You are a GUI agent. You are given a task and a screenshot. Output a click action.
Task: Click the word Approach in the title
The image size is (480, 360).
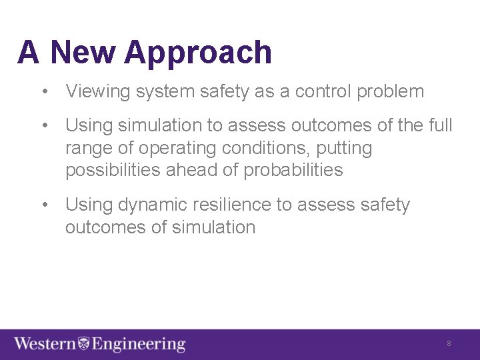pyautogui.click(x=198, y=53)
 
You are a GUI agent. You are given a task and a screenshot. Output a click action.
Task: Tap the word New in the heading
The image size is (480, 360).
pyautogui.click(x=82, y=52)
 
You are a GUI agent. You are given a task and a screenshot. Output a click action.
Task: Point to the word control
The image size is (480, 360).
pyautogui.click(x=320, y=91)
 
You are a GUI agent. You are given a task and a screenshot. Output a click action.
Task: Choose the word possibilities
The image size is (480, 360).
pyautogui.click(x=113, y=171)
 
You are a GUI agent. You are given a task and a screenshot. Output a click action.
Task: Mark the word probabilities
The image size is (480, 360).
pyautogui.click(x=293, y=171)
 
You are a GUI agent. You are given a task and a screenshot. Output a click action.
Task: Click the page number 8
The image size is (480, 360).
pyautogui.click(x=449, y=343)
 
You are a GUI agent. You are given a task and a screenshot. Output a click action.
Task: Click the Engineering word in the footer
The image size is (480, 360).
pyautogui.click(x=139, y=345)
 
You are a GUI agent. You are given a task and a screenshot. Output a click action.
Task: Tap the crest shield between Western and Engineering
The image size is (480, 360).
pyautogui.click(x=83, y=344)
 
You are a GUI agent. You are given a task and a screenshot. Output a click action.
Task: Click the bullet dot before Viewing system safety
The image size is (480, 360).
pyautogui.click(x=44, y=92)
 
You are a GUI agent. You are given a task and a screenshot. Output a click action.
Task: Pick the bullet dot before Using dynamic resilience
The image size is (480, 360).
pyautogui.click(x=44, y=205)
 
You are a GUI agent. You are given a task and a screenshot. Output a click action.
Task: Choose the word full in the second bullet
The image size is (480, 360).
pyautogui.click(x=441, y=125)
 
